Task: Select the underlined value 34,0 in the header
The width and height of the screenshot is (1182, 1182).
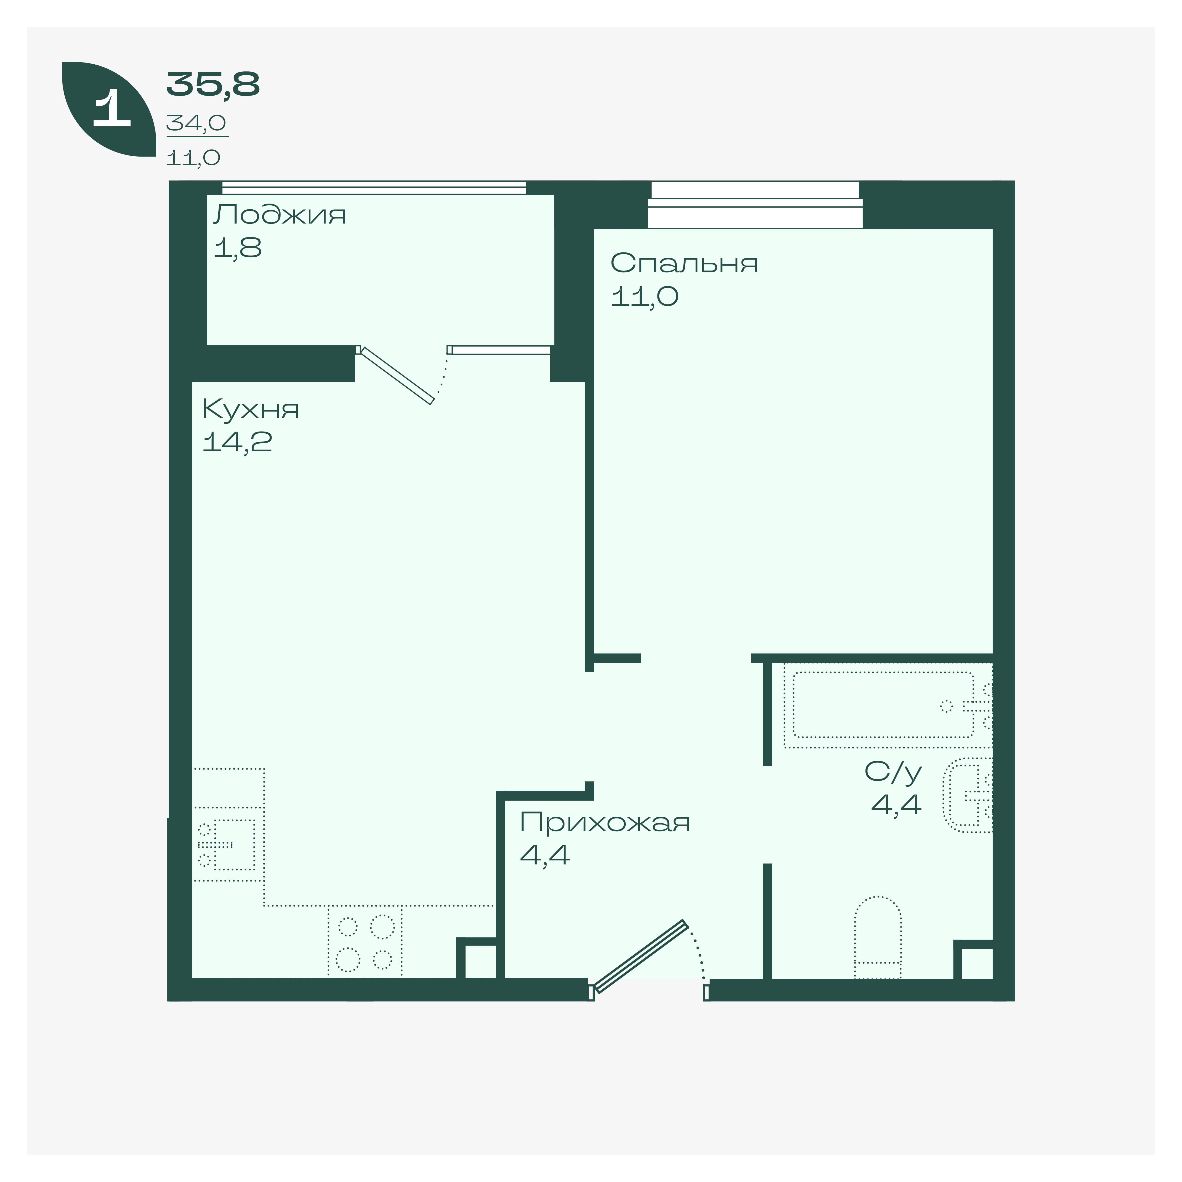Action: point(196,123)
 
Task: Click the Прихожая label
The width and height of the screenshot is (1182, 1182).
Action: point(604,823)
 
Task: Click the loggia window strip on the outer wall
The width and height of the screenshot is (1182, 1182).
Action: point(374,187)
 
